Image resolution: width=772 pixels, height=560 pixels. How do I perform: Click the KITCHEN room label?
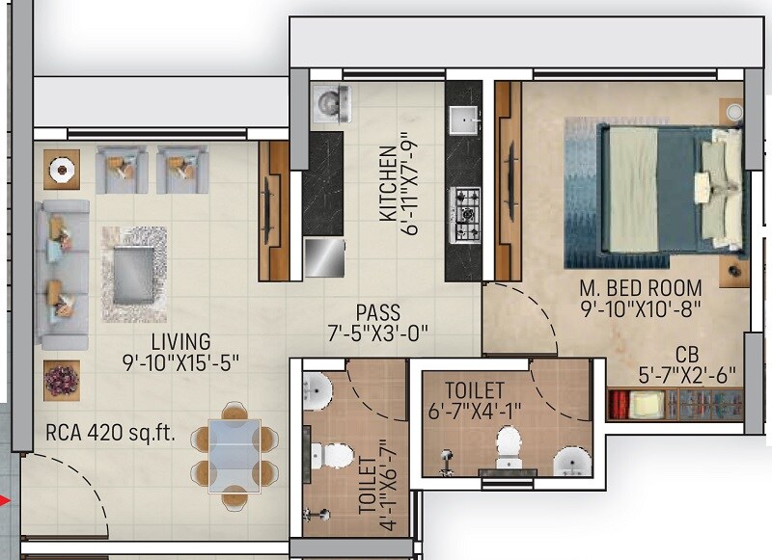[x=387, y=182]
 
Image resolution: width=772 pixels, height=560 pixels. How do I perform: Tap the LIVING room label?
[x=180, y=341]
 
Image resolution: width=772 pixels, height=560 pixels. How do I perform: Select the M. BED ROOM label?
[x=641, y=288]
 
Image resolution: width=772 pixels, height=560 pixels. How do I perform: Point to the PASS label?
[x=378, y=312]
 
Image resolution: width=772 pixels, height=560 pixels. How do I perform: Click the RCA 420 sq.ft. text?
[x=110, y=433]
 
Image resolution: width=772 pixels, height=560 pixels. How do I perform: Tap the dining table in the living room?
[x=233, y=455]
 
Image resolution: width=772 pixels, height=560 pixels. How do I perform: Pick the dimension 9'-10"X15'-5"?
[x=180, y=362]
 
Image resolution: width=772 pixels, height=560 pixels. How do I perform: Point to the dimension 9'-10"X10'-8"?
[x=641, y=308]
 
